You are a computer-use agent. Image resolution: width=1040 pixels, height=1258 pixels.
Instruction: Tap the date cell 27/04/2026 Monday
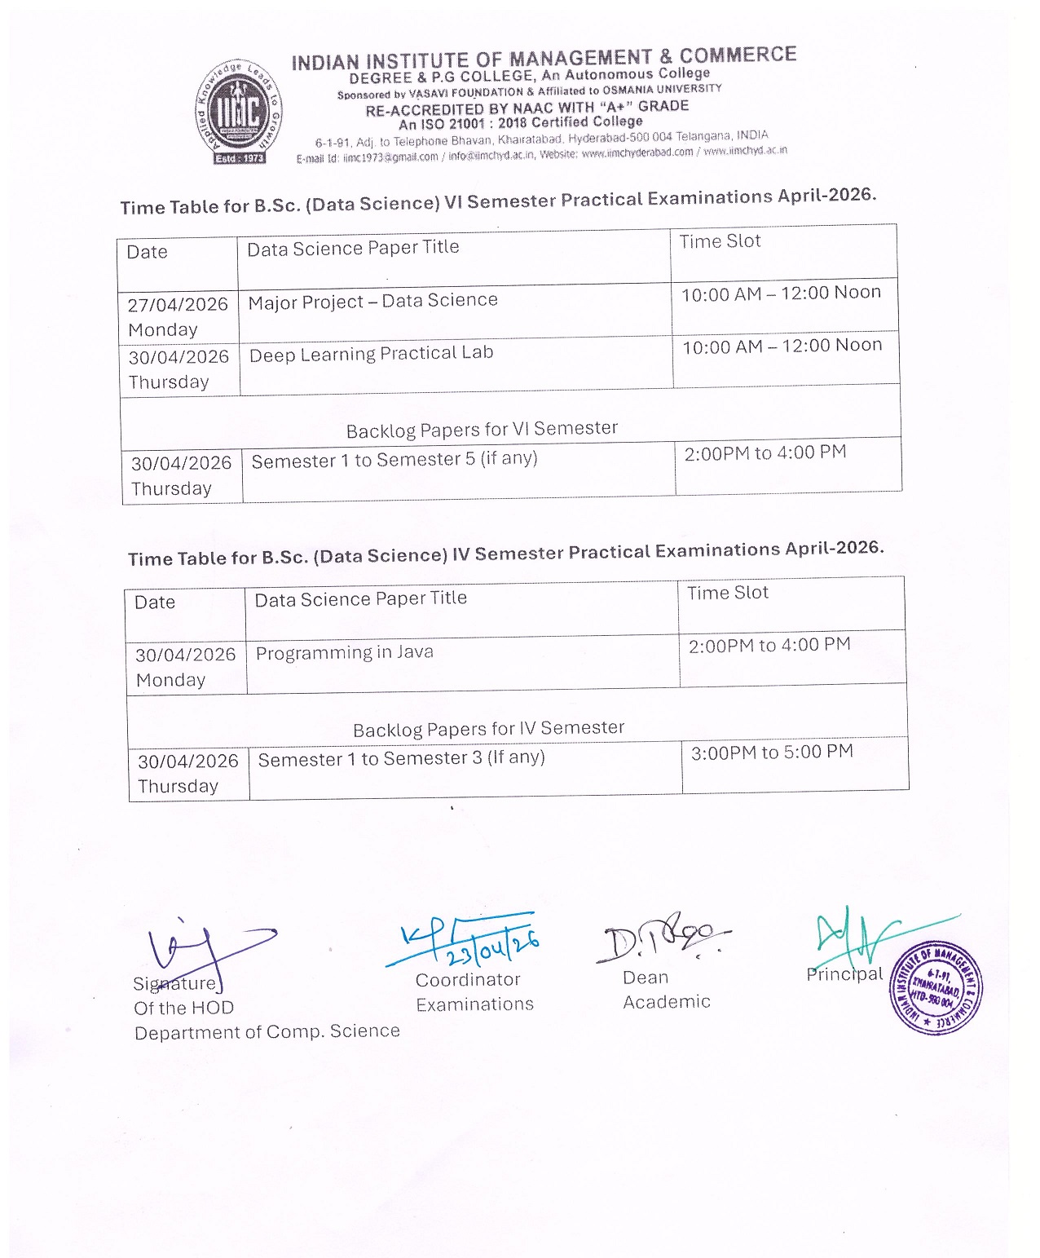tap(178, 316)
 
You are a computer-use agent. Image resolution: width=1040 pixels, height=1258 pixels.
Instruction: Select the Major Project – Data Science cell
tap(372, 302)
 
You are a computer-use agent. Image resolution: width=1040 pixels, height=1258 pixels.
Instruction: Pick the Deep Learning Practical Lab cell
tap(371, 354)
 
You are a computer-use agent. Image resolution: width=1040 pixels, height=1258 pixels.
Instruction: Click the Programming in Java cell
tap(344, 653)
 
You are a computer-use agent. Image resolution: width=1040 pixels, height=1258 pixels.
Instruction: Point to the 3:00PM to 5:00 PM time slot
tap(771, 753)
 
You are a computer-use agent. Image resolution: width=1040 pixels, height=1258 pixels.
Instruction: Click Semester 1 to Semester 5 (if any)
tap(394, 460)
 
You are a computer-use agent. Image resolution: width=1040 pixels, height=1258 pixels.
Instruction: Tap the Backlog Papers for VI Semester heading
tap(482, 430)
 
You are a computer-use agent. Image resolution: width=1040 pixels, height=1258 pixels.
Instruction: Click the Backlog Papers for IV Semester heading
tap(488, 728)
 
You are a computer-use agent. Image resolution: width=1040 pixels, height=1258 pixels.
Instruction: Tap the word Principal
tap(844, 974)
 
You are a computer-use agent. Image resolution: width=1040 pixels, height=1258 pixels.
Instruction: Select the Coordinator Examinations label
tap(474, 992)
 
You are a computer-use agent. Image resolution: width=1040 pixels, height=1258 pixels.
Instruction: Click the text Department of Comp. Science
tap(267, 1032)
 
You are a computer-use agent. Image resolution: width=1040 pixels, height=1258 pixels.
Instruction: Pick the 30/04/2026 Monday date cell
tap(185, 667)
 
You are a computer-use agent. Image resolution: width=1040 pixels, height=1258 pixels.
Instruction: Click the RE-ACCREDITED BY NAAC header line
tap(527, 108)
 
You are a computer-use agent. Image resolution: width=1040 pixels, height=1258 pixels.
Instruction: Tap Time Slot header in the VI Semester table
tap(720, 241)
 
